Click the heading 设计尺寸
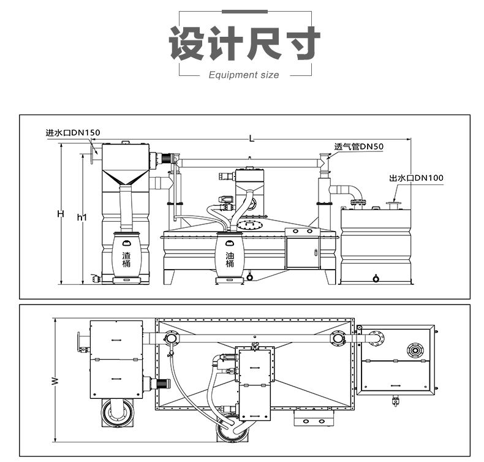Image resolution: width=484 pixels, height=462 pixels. coord(244,43)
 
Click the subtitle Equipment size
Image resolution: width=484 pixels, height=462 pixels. coord(244,75)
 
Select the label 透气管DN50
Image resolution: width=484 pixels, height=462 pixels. coord(358,147)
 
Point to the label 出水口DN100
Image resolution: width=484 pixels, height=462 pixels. coord(416,178)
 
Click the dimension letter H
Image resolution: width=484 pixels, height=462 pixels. coord(60,214)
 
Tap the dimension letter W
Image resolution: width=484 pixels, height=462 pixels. coord(55,381)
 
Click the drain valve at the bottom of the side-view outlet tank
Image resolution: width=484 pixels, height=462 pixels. coord(376,279)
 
